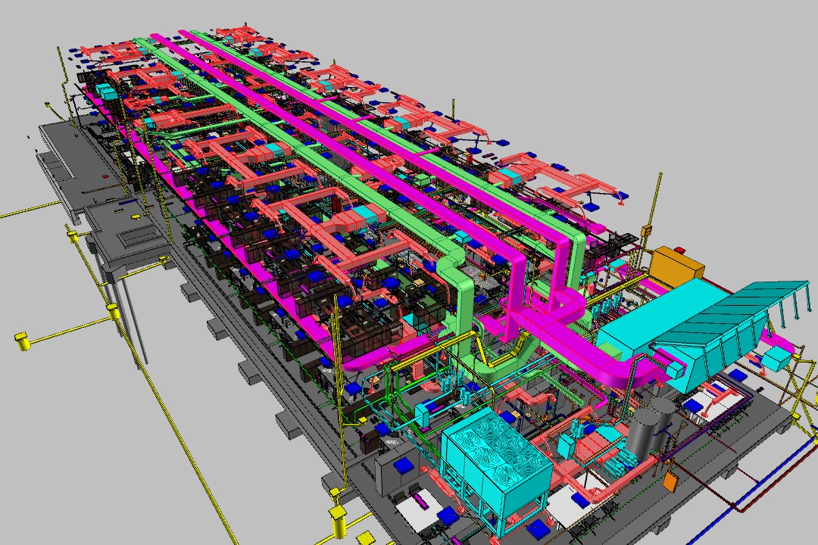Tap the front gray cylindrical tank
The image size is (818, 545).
[x=643, y=435]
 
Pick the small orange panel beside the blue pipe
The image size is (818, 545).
[x=670, y=481]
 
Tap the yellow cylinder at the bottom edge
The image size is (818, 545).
[x=337, y=522]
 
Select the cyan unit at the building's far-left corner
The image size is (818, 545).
[x=105, y=92]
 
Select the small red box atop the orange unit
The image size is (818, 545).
[x=679, y=249]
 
